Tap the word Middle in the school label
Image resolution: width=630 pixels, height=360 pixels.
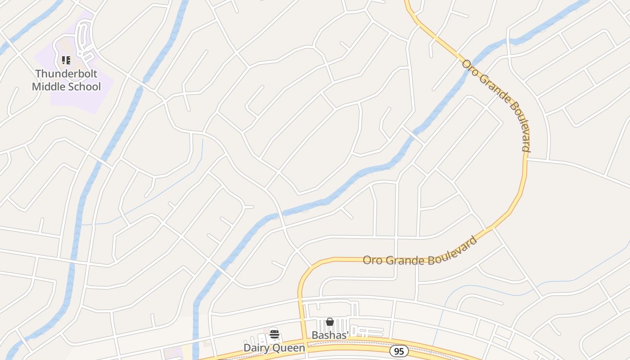(x=47, y=86)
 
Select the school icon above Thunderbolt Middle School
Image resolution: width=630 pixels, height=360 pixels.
(x=66, y=60)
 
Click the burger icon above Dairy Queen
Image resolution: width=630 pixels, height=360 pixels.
(x=274, y=334)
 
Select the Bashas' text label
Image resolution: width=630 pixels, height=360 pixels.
(x=330, y=335)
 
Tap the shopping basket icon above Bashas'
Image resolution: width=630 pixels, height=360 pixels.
(x=330, y=322)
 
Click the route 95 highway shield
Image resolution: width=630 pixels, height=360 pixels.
(x=399, y=351)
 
